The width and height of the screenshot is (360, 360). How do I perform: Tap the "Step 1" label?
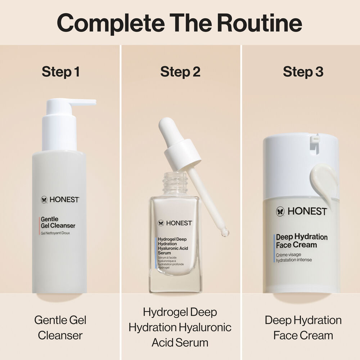[60, 72]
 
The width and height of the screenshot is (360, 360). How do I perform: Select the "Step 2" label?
[180, 72]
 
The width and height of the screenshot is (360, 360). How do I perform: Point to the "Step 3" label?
[303, 72]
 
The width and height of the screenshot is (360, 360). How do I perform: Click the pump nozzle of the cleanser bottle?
[84, 102]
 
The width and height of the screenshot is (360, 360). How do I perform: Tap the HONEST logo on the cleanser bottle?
[60, 199]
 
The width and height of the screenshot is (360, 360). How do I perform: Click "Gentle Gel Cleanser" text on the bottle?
[58, 222]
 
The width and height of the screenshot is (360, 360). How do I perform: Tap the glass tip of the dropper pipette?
[225, 233]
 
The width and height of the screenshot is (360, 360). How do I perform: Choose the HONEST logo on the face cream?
[301, 211]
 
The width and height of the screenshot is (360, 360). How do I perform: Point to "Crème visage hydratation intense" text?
[294, 257]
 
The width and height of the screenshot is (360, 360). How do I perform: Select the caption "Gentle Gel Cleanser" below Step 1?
[60, 328]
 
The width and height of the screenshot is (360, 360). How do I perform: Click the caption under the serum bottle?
[180, 327]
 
